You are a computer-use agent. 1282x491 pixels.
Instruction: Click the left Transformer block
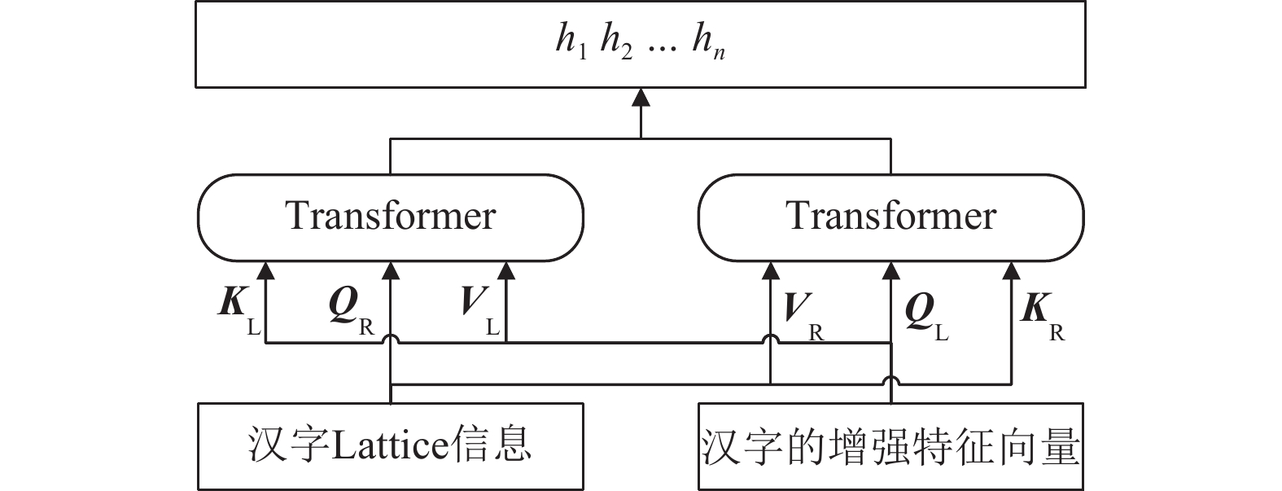(391, 217)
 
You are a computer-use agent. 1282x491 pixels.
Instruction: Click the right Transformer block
(891, 217)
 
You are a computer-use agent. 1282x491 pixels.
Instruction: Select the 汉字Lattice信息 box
(391, 445)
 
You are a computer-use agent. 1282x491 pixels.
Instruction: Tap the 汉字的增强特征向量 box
(891, 445)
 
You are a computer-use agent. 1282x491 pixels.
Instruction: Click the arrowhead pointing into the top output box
(641, 97)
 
